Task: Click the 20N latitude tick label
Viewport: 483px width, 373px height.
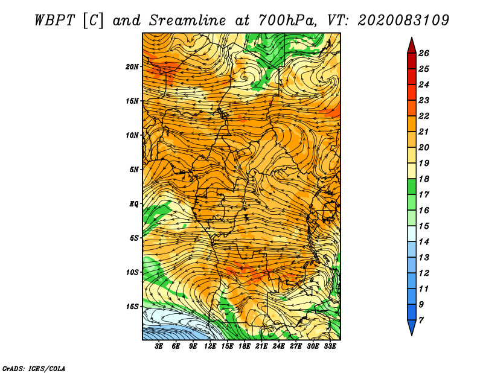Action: pos(132,67)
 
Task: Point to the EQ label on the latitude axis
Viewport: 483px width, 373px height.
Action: pos(134,204)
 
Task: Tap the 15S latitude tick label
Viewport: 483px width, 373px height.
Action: pos(132,307)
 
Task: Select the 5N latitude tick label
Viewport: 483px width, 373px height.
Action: pos(134,170)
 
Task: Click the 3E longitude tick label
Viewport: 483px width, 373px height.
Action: pos(159,346)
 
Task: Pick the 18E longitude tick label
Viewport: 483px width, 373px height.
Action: pos(245,346)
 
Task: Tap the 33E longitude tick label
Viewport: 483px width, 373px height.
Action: pos(330,346)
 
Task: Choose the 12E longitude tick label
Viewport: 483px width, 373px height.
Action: pos(210,346)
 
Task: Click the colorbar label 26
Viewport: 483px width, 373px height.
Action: pos(424,53)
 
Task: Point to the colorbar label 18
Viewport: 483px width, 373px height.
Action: pos(424,179)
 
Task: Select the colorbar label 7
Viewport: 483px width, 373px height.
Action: pos(421,320)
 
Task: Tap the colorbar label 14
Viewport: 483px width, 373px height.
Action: pos(424,242)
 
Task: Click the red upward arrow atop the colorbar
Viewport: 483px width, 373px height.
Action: pos(412,46)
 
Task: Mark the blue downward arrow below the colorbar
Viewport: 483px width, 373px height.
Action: pos(412,328)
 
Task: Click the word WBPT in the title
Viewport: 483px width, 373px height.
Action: pos(54,21)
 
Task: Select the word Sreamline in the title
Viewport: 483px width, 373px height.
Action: pos(188,21)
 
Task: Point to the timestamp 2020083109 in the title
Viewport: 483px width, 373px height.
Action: pos(403,21)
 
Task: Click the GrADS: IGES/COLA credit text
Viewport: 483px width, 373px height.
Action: pos(34,369)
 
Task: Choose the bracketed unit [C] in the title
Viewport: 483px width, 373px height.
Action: pos(93,21)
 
